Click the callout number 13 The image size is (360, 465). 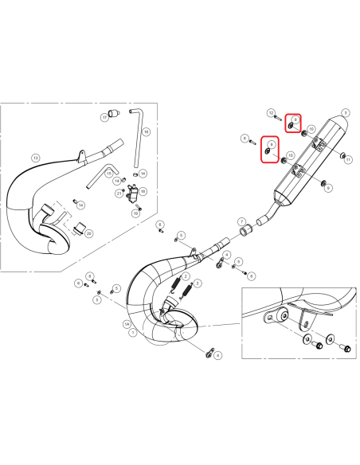[35, 158]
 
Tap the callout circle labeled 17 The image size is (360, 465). [104, 117]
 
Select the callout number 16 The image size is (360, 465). [147, 131]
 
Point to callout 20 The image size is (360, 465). [88, 233]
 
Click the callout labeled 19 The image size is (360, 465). [136, 213]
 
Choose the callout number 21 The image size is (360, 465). [119, 193]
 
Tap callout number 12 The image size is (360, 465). [271, 113]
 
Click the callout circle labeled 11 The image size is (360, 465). [348, 157]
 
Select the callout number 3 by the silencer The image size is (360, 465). [345, 113]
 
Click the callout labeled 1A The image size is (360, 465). [125, 325]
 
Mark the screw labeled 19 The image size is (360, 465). [139, 207]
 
